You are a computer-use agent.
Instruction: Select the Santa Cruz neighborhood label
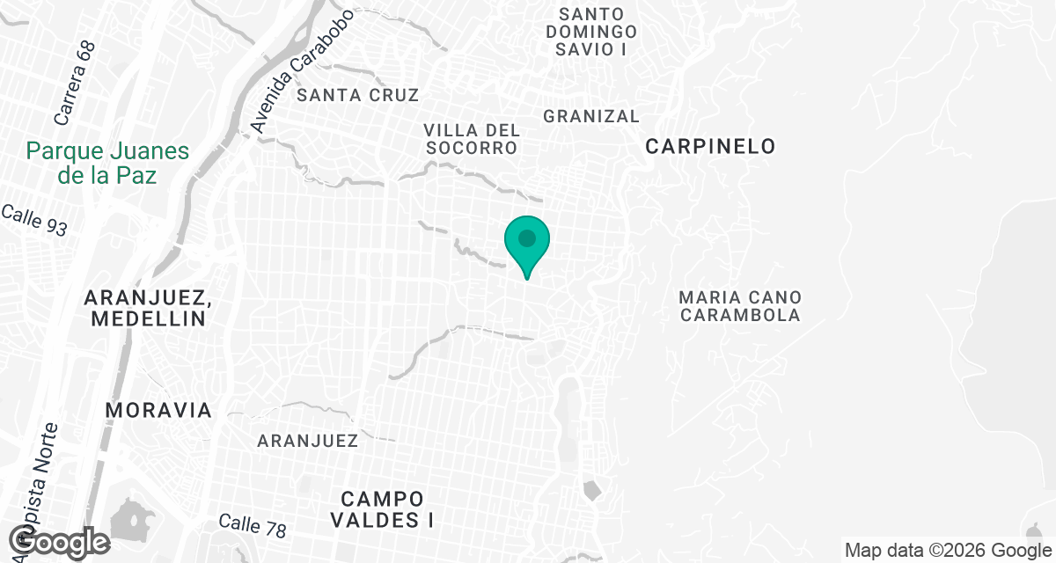tap(357, 95)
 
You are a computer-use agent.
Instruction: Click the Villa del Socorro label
tap(472, 139)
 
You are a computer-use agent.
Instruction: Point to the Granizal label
tap(591, 116)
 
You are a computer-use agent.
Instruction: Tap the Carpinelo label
tap(710, 147)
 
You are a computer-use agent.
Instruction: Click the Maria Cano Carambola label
tap(740, 306)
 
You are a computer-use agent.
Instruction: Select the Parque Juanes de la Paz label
tap(107, 163)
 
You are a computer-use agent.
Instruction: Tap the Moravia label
tap(158, 410)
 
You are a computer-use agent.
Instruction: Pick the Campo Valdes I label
tap(383, 509)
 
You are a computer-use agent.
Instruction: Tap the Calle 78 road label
tap(253, 526)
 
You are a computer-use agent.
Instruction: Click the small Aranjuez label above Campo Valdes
tap(307, 441)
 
